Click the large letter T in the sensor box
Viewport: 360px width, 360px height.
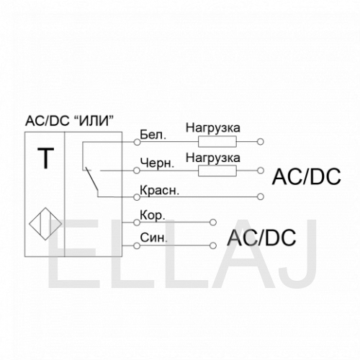point(45,158)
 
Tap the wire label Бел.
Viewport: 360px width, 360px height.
point(153,135)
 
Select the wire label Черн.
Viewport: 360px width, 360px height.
point(157,163)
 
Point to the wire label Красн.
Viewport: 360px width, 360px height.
point(160,190)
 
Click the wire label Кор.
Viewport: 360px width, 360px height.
point(153,215)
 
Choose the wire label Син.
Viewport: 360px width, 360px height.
point(153,238)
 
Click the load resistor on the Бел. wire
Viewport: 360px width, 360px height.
point(217,142)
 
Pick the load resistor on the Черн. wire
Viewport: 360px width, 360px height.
point(217,171)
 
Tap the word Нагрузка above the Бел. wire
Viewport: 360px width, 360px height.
point(213,128)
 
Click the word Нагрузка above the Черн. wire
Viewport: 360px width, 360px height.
point(213,158)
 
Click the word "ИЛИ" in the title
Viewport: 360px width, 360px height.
point(93,121)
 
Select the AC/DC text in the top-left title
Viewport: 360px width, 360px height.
point(48,121)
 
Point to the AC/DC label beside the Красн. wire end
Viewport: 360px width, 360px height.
point(307,176)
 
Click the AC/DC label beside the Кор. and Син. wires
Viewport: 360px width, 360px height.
point(262,238)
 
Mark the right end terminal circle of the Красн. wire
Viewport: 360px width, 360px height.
point(261,197)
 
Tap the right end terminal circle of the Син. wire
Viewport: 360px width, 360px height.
point(213,246)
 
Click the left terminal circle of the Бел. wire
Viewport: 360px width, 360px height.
point(137,142)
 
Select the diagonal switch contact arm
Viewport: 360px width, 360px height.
point(92,180)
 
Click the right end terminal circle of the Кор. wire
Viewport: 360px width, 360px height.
point(213,222)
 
